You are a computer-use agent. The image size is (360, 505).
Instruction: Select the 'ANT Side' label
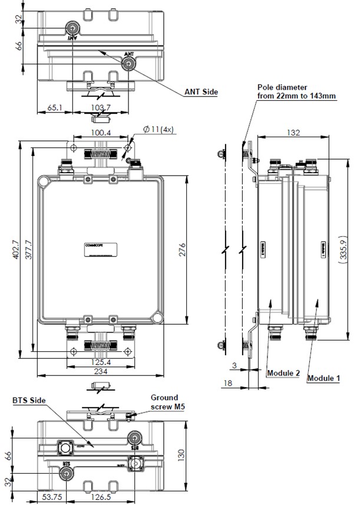202,93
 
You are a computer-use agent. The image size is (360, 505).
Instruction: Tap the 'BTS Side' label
29,400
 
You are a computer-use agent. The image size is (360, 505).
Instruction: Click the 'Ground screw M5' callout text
164,402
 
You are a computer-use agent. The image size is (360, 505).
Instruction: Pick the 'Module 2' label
283,374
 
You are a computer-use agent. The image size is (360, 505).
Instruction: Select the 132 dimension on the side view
292,133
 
